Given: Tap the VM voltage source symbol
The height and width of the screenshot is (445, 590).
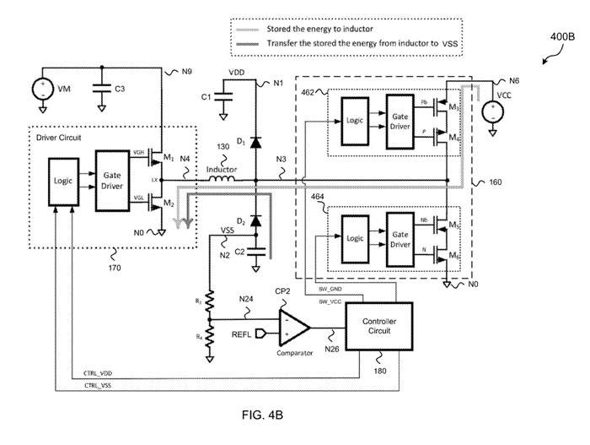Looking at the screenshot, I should click(x=39, y=89).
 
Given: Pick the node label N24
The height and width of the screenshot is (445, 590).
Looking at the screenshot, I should click(x=246, y=300).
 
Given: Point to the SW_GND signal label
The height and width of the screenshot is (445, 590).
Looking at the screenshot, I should click(x=330, y=289).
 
